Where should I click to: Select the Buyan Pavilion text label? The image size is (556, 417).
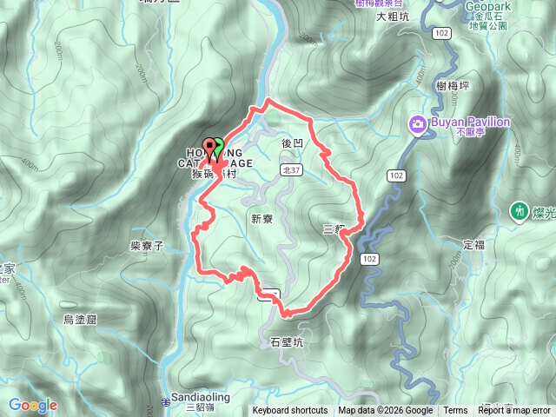(x=469, y=122)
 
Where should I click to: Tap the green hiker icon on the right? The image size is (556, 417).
(x=520, y=210)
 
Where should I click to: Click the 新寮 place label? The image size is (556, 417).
(x=261, y=219)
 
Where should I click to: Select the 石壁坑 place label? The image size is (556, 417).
(x=288, y=343)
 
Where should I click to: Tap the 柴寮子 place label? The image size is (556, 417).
(x=147, y=246)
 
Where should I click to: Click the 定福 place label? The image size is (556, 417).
(x=474, y=245)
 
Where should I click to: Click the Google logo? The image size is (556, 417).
(x=32, y=405)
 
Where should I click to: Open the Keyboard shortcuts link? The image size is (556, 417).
(x=290, y=411)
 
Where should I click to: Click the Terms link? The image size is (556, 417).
(x=455, y=411)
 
